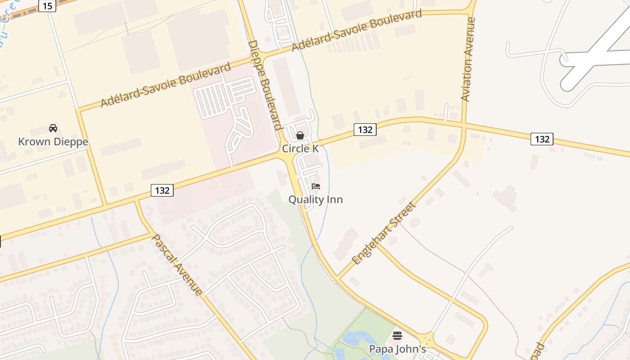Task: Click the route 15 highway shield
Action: click(47, 6)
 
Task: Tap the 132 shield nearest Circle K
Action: click(364, 130)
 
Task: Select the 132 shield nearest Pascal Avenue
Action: click(162, 190)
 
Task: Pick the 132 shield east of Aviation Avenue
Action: click(542, 139)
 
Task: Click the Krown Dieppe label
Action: click(53, 142)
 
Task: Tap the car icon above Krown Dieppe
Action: click(53, 128)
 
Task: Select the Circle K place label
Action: click(300, 149)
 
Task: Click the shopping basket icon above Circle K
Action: click(300, 135)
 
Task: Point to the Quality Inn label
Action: click(315, 199)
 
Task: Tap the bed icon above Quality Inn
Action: click(316, 186)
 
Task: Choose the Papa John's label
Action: click(397, 349)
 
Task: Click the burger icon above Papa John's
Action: click(397, 336)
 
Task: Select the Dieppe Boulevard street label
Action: click(265, 85)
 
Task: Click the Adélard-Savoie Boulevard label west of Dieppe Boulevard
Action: click(166, 85)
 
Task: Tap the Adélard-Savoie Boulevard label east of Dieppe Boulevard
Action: click(357, 30)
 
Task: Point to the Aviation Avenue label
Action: click(468, 59)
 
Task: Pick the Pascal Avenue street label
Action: click(177, 265)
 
